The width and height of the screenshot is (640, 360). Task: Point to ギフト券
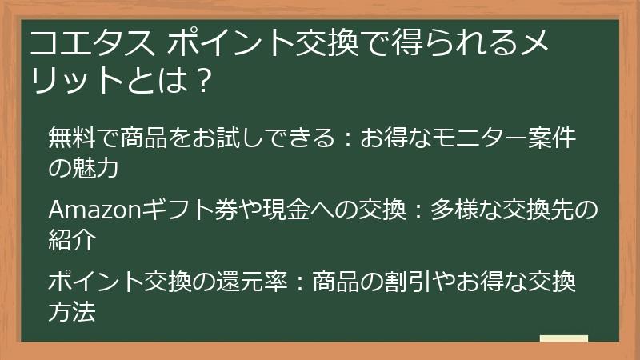point(183,211)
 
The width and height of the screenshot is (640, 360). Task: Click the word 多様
point(454,211)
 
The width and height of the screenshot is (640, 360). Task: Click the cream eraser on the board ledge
point(563,338)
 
